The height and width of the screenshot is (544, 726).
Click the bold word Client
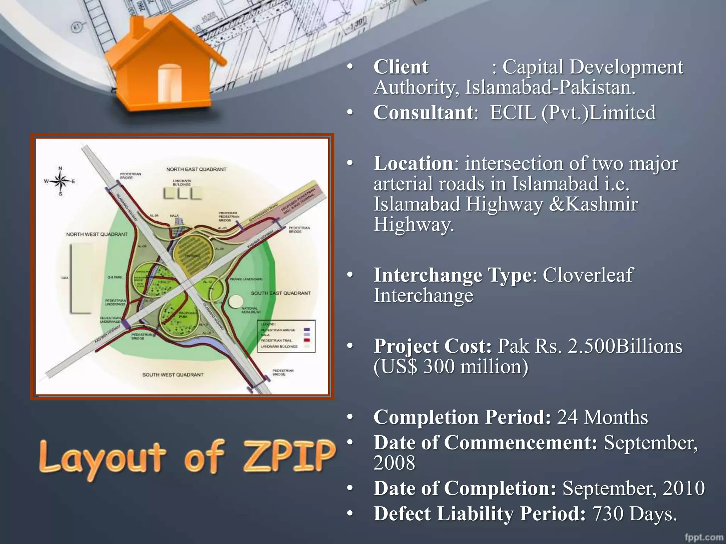click(x=401, y=67)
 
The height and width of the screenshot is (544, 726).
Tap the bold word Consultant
click(x=423, y=113)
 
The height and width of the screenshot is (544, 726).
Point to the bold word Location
click(x=413, y=163)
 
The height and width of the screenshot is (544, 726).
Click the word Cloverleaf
click(x=588, y=275)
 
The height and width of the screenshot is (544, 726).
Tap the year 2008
click(x=394, y=463)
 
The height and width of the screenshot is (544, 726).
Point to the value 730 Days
click(x=635, y=514)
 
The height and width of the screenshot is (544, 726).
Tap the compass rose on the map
click(x=61, y=181)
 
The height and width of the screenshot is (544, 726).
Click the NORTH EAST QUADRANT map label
click(x=196, y=169)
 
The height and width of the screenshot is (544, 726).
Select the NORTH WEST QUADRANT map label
click(x=97, y=234)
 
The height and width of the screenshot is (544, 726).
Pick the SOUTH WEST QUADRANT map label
click(x=173, y=375)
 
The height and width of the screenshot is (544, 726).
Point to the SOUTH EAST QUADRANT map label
click(x=280, y=293)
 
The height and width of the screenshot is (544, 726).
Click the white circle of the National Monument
click(x=235, y=301)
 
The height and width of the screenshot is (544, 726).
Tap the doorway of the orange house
click(x=169, y=83)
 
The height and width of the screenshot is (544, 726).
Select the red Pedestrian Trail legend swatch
click(x=307, y=340)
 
